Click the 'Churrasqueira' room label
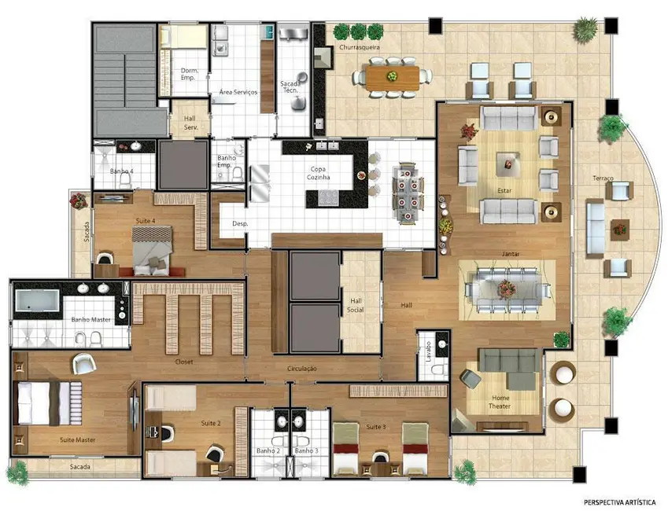(360, 48)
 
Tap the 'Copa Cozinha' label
(319, 173)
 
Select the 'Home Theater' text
(500, 402)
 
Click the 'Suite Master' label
(77, 439)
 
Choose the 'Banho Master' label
(90, 320)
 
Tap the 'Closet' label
(184, 362)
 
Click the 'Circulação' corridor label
(301, 367)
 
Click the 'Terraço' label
(603, 179)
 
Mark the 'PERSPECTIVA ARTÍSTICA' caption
(619, 501)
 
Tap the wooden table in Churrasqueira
(392, 75)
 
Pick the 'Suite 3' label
(376, 427)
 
